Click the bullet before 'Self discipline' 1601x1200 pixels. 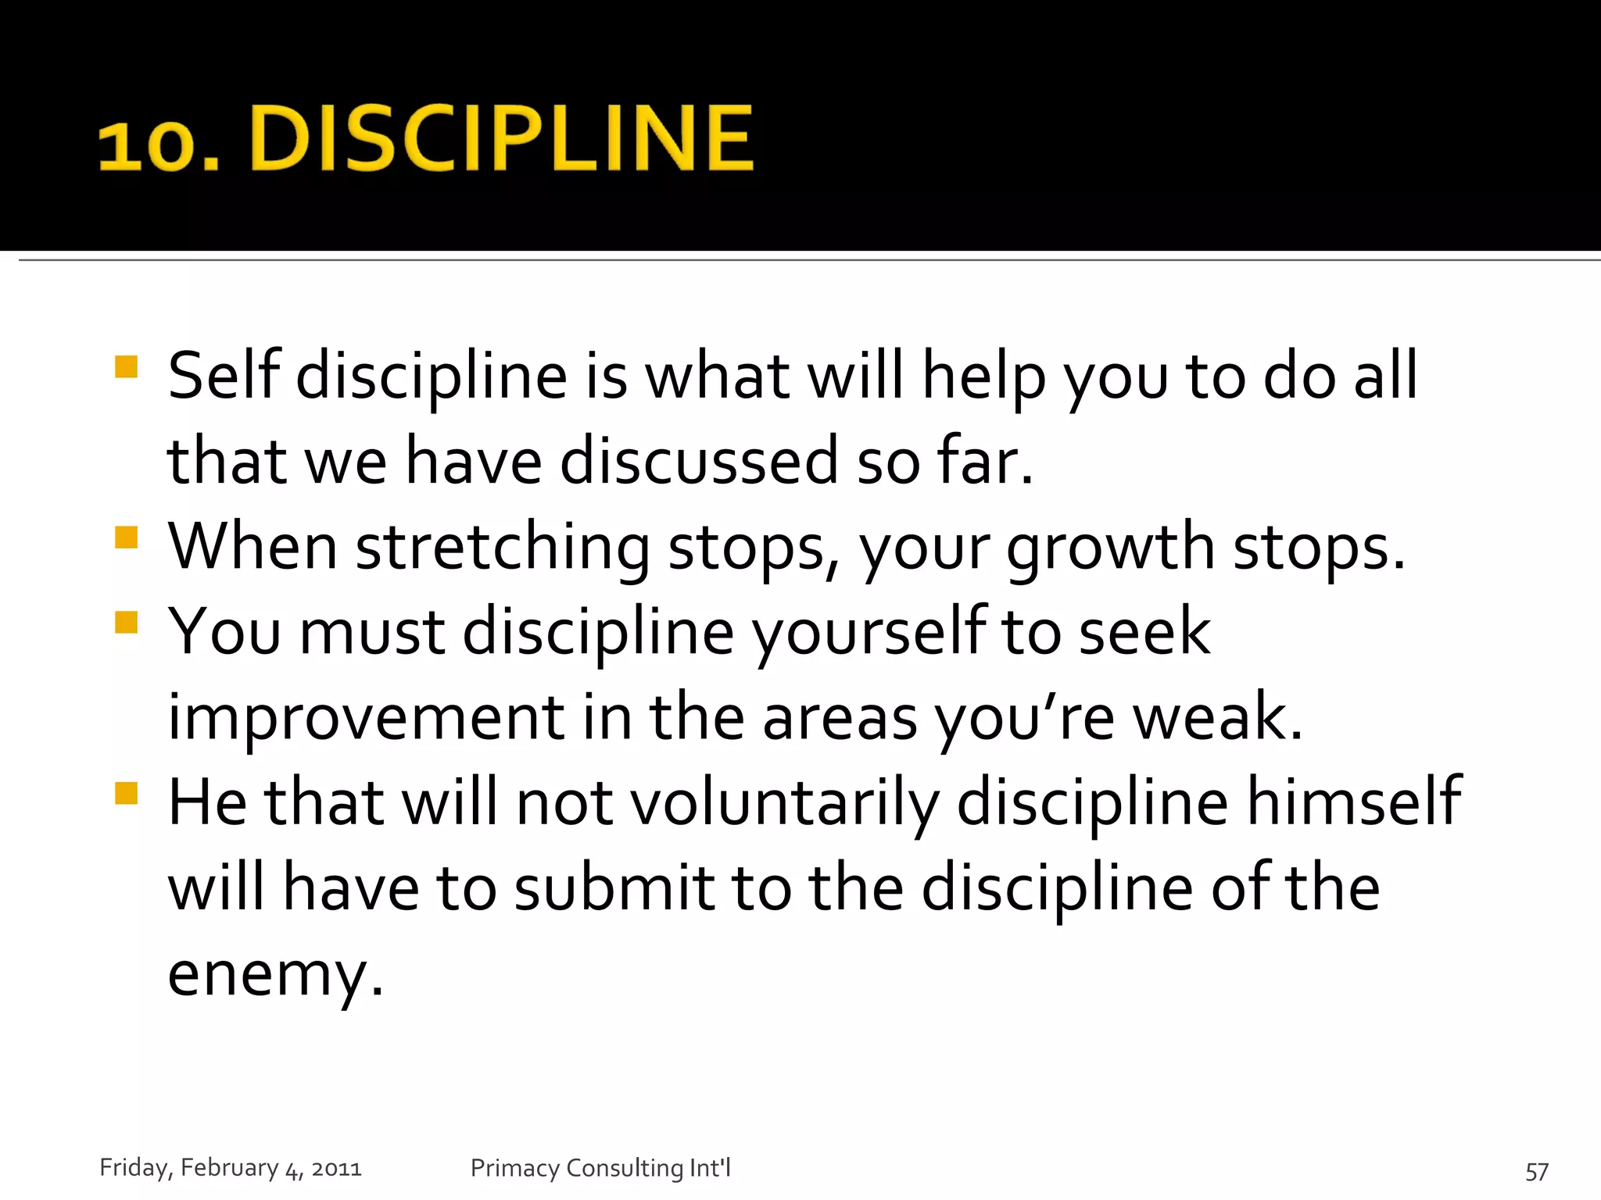(126, 367)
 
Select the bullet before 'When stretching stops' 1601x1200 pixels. (126, 537)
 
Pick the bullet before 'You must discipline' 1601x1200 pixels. (126, 623)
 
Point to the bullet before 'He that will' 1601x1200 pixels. (126, 793)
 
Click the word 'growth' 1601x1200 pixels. (1110, 548)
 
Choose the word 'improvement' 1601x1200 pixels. (366, 718)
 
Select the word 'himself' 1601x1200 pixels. (1353, 802)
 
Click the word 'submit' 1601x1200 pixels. (614, 888)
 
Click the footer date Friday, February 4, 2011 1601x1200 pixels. (231, 1168)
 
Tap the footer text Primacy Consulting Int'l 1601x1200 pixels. (600, 1168)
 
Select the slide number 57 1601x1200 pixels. (1536, 1171)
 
